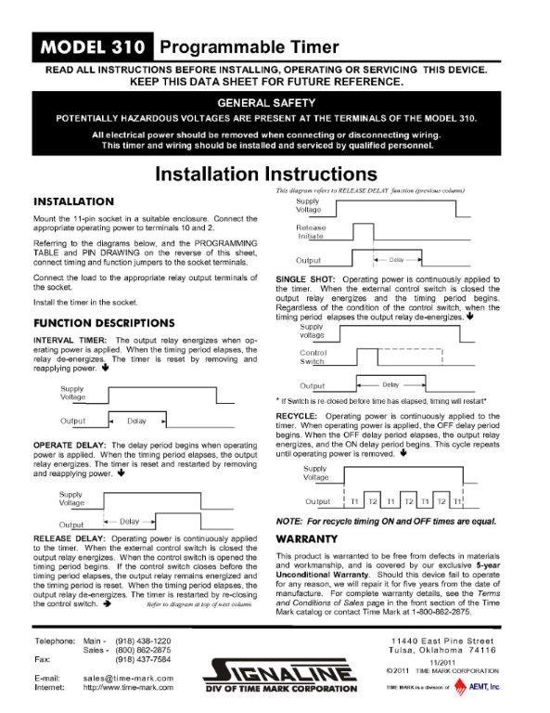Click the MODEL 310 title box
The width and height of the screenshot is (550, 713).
pyautogui.click(x=91, y=47)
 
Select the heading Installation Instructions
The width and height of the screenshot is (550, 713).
pyautogui.click(x=274, y=174)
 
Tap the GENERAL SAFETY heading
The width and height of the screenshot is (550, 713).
pyautogui.click(x=275, y=102)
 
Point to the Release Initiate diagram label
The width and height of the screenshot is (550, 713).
pyautogui.click(x=312, y=231)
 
